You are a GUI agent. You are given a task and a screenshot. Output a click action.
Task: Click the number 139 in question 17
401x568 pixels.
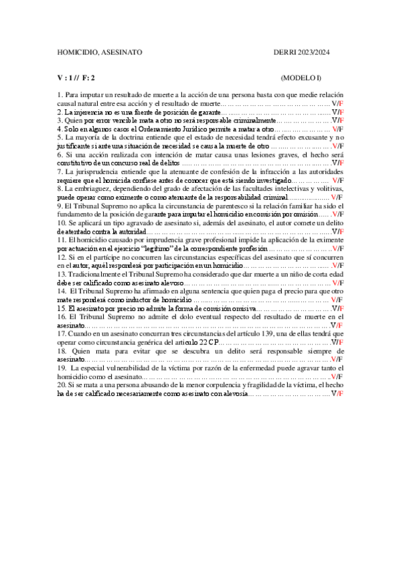click(262, 334)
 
